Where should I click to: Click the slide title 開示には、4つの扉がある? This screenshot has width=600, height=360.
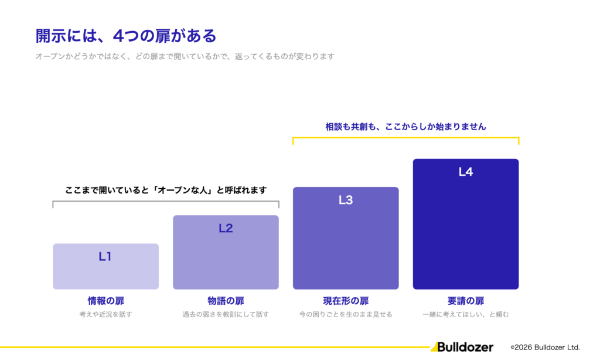click(126, 36)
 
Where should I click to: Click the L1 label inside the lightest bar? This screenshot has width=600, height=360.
click(105, 256)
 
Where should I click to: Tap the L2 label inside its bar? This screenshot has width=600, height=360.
click(226, 228)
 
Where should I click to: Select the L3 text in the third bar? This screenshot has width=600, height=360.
click(346, 200)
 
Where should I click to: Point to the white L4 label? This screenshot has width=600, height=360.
click(466, 172)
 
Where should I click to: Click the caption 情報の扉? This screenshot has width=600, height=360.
click(106, 301)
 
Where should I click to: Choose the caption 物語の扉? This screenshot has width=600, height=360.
click(226, 301)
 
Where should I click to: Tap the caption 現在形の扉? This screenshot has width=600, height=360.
click(346, 301)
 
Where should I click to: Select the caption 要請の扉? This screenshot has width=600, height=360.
click(466, 301)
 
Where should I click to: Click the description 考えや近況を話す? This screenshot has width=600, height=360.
click(106, 314)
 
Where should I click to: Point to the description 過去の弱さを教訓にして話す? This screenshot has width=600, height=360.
click(226, 314)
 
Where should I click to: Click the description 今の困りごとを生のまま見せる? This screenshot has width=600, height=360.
click(346, 314)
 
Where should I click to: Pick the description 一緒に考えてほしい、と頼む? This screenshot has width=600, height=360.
click(466, 314)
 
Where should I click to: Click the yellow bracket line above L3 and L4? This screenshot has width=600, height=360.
click(405, 137)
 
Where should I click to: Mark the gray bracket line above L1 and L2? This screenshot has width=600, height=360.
click(166, 201)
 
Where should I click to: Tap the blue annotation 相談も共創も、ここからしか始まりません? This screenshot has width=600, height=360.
click(405, 127)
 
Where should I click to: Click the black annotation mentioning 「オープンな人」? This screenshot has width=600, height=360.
click(166, 190)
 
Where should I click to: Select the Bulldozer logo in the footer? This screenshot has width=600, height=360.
click(462, 347)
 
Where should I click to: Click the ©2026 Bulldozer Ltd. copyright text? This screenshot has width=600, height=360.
click(546, 347)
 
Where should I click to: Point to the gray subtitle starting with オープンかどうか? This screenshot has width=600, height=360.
click(185, 56)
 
